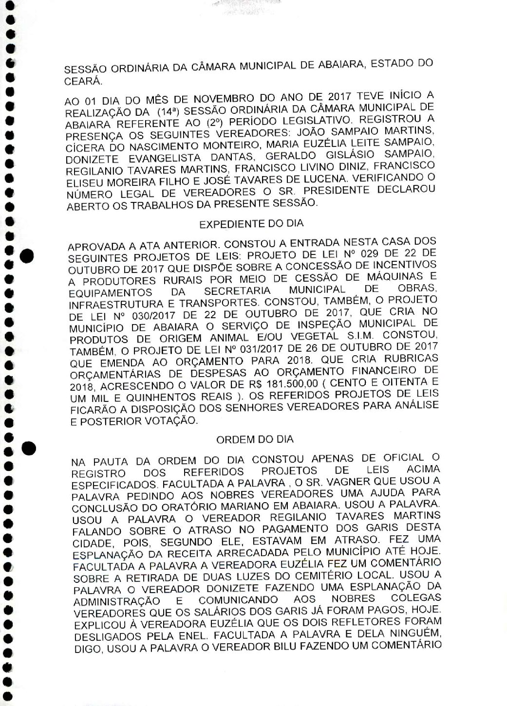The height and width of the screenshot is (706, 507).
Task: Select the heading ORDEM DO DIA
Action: click(255, 439)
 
